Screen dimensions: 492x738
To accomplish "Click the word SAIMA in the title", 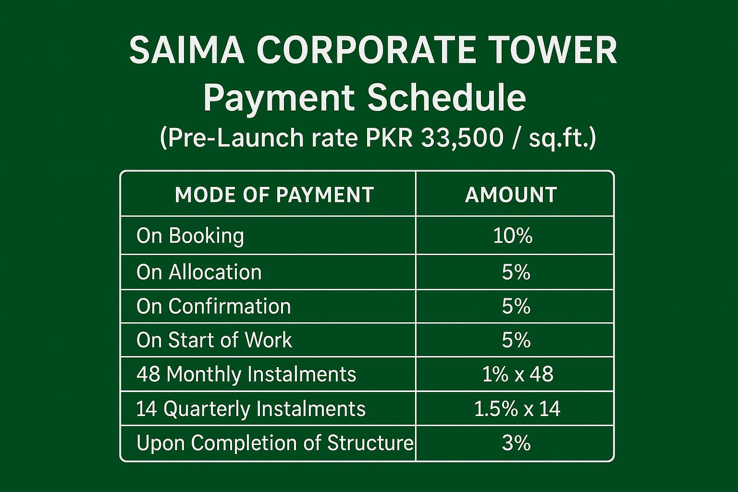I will click(186, 50).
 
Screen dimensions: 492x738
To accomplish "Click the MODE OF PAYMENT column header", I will click(274, 195).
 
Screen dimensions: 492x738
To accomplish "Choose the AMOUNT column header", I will click(511, 195).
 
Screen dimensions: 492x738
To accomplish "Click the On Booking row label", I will click(190, 236).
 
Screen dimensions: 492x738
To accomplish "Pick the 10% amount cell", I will click(513, 236).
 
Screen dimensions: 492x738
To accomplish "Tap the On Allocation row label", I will click(199, 272).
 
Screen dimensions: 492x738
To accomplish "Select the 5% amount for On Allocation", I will click(516, 272).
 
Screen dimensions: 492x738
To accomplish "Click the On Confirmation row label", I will click(214, 307).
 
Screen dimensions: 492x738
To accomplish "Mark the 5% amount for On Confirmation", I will click(516, 307).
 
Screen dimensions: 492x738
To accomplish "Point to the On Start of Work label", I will click(214, 340).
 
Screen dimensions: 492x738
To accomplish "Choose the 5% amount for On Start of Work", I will click(516, 340).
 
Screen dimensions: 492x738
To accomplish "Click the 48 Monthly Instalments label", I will click(246, 374).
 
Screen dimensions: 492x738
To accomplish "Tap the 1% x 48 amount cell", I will click(517, 374).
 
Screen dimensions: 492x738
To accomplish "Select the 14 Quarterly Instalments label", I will click(251, 409).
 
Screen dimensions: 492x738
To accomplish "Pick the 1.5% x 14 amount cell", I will click(517, 409).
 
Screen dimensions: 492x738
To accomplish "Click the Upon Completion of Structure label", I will click(275, 443).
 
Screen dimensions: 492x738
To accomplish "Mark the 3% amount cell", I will click(516, 443).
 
